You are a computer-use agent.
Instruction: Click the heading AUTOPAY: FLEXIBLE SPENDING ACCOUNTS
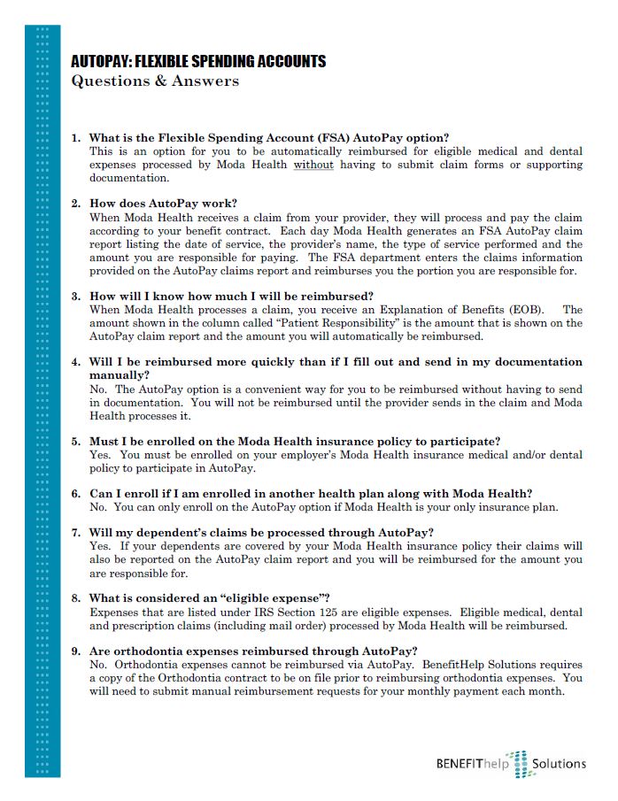[198, 62]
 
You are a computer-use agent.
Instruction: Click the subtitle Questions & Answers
[155, 81]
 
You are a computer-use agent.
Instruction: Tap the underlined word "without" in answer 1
[313, 165]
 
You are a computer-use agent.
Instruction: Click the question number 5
[76, 441]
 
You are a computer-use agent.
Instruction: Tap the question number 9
[76, 651]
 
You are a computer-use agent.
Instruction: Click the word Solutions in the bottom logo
[559, 763]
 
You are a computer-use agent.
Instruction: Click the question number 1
[76, 138]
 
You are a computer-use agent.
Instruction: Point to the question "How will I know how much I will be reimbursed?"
[231, 296]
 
